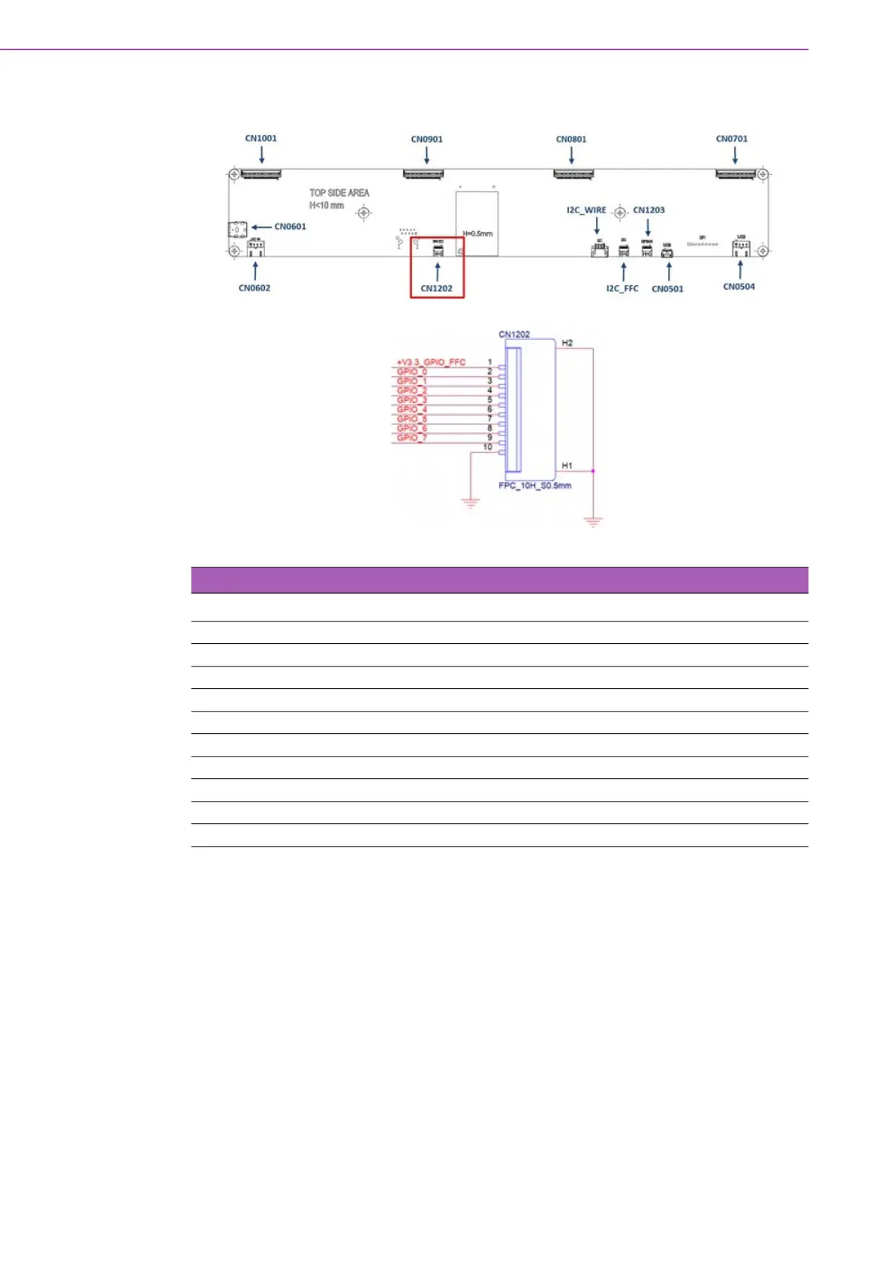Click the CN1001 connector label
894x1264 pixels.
(x=260, y=138)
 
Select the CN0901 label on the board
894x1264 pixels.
(x=426, y=139)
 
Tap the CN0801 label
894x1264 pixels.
(x=571, y=139)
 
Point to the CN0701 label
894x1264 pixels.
(x=731, y=138)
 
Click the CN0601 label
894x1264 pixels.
(x=290, y=227)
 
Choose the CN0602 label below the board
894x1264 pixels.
(x=254, y=288)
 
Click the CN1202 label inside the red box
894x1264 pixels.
(x=436, y=288)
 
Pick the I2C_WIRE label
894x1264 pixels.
(x=586, y=210)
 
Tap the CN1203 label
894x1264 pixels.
(x=649, y=210)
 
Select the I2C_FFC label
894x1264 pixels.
(x=622, y=289)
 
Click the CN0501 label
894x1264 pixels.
(x=667, y=289)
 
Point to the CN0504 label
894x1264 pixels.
(x=739, y=287)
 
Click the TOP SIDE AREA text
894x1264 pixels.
(x=339, y=193)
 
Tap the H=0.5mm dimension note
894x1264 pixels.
(x=477, y=233)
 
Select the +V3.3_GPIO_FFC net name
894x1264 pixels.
(x=431, y=363)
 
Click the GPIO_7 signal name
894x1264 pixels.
(x=411, y=438)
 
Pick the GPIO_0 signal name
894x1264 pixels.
(x=411, y=372)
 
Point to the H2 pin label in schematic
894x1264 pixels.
(x=567, y=343)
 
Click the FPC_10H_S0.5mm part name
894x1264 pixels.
(x=534, y=486)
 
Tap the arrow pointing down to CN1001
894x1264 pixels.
(x=261, y=155)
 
